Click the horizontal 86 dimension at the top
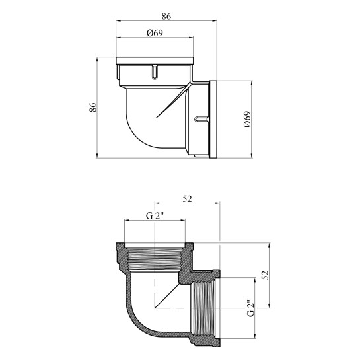[x=166, y=17]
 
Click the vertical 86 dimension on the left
[x=93, y=107]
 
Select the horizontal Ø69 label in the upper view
[x=155, y=33]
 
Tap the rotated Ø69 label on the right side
[x=247, y=120]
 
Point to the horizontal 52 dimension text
[x=187, y=199]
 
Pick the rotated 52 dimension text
[x=265, y=275]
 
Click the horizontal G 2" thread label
[x=155, y=216]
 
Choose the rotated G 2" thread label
[x=251, y=308]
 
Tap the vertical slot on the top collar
[x=155, y=72]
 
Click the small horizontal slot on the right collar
[x=201, y=119]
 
